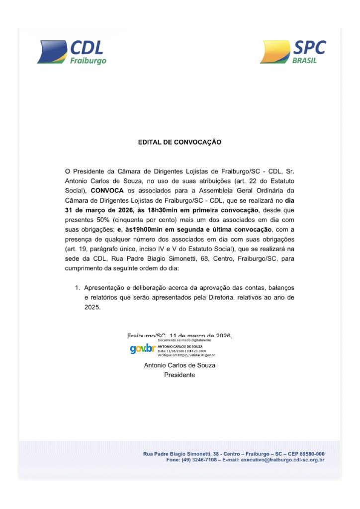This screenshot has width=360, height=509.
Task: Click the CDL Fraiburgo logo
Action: click(72, 52)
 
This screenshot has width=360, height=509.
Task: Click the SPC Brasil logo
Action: click(293, 52)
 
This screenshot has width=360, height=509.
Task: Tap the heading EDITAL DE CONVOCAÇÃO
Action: click(180, 142)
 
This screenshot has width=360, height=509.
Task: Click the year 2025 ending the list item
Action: click(92, 308)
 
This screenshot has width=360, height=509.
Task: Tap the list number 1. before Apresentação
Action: click(77, 287)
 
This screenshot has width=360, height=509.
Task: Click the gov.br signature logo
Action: click(143, 348)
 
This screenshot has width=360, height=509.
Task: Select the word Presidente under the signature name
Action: click(180, 375)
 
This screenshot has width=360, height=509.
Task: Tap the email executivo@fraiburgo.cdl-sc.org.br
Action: click(282, 460)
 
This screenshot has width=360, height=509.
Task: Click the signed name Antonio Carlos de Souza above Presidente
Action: click(180, 365)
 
